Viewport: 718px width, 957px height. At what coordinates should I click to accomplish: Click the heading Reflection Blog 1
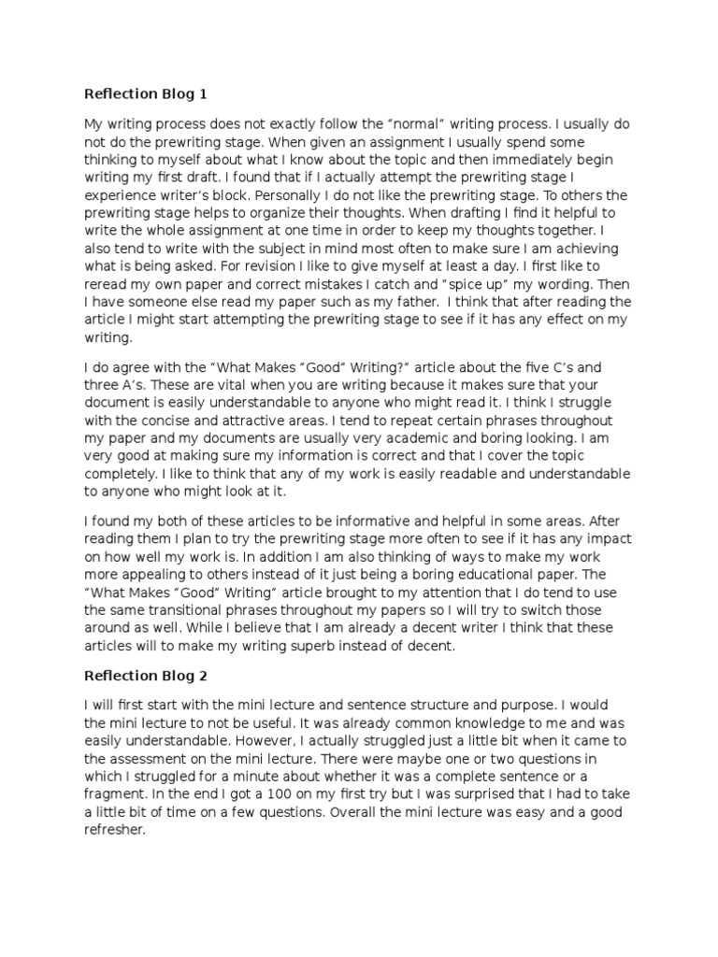point(145,93)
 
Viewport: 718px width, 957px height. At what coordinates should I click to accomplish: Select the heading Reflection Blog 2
point(145,675)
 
